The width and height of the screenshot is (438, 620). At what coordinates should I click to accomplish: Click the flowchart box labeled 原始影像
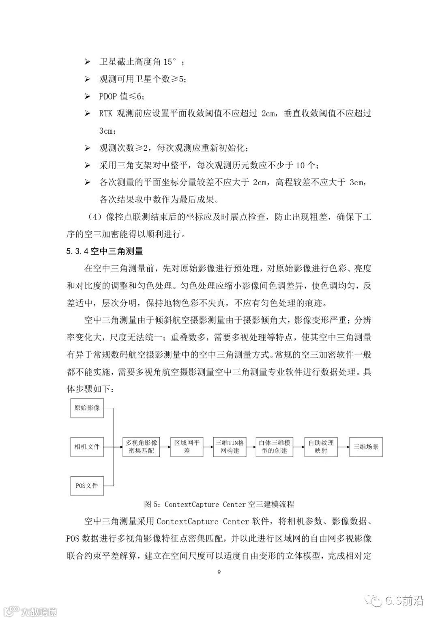click(87, 407)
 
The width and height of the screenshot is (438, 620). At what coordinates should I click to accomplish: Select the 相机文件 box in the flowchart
click(87, 447)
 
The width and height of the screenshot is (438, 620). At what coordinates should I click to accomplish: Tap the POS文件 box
click(87, 485)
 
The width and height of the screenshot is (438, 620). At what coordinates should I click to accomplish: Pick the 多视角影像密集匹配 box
click(141, 447)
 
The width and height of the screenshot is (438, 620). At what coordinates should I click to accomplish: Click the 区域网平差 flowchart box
click(187, 447)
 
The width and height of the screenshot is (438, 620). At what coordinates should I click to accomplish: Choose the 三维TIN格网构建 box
click(230, 447)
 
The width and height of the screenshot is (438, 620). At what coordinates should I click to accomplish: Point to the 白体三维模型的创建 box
click(275, 447)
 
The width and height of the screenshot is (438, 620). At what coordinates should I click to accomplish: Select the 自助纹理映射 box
click(321, 447)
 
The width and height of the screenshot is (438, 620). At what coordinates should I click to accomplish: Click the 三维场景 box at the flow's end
click(366, 447)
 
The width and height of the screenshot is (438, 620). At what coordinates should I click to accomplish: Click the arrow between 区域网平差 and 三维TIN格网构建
click(208, 447)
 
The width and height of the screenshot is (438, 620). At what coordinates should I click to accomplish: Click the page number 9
click(219, 572)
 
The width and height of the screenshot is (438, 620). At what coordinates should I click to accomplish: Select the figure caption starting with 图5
click(219, 504)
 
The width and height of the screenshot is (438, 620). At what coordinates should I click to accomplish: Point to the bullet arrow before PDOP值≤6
click(87, 97)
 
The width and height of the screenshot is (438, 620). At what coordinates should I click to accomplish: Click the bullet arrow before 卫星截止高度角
click(87, 62)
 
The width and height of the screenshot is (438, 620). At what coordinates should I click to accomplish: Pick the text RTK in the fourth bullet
click(105, 114)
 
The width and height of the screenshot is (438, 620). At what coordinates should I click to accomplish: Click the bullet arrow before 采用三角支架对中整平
click(87, 165)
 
